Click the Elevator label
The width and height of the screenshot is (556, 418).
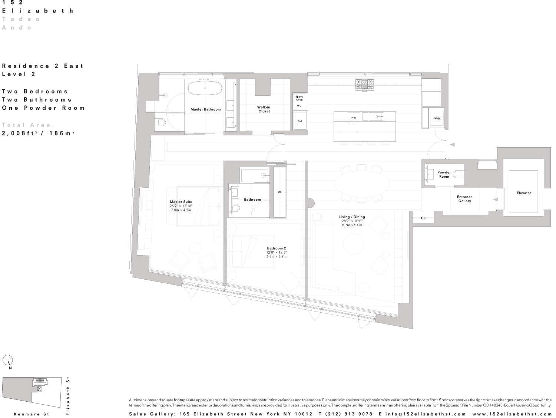524,193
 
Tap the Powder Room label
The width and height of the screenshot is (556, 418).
444,174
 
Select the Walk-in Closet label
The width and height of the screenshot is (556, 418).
264,109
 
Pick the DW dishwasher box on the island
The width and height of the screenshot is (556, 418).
354,118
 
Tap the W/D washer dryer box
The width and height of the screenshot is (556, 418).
437,118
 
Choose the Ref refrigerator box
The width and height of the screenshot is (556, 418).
299,121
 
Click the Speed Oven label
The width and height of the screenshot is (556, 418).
299,98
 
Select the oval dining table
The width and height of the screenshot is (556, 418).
362,184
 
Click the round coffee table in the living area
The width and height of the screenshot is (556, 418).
353,244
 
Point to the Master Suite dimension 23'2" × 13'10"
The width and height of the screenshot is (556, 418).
181,206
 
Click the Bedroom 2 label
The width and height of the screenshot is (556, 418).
277,248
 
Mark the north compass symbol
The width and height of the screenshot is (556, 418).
8,360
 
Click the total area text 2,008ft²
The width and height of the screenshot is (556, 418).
18,133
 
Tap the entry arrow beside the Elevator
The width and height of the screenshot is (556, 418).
496,200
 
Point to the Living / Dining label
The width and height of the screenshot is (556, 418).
352,217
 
